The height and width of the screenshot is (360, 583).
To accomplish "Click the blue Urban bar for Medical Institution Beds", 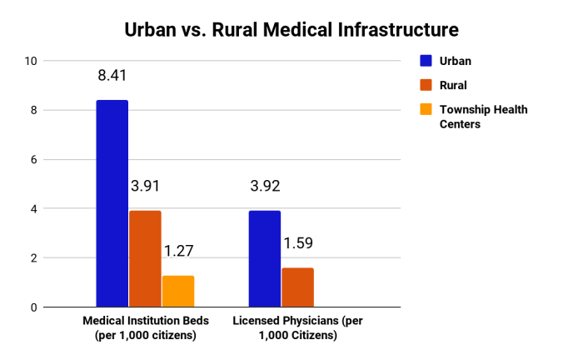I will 112,203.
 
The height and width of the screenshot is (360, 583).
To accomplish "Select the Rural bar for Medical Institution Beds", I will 145,258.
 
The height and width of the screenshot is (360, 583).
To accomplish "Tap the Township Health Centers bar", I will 178,291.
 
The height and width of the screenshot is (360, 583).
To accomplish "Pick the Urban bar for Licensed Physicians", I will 265,258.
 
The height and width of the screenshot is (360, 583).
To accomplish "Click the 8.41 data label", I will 112,75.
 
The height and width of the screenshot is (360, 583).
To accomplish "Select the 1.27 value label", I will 177,251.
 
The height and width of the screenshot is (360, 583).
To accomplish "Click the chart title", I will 291,31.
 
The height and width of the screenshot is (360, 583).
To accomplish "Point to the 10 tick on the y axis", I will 32,61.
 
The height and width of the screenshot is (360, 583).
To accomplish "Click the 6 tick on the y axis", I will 34,159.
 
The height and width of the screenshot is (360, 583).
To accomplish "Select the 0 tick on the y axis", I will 34,307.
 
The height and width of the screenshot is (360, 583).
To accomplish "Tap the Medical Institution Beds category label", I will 145,327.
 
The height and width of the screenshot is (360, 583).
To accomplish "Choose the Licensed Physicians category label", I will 298,327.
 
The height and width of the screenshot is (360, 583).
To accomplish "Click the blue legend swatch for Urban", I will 426,60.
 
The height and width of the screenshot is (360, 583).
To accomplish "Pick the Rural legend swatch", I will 426,84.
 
